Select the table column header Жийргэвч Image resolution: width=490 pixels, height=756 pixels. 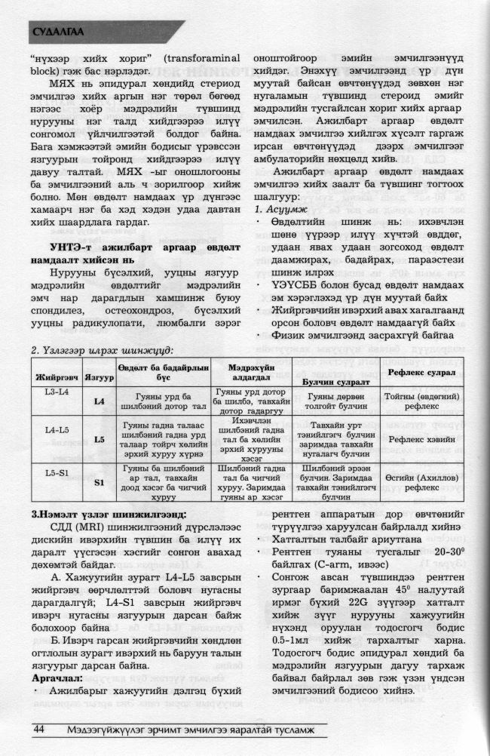[x=49, y=376]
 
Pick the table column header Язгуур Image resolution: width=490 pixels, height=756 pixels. [x=99, y=376]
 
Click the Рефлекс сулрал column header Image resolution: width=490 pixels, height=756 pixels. [x=422, y=373]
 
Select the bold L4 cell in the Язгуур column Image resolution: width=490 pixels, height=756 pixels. [x=99, y=401]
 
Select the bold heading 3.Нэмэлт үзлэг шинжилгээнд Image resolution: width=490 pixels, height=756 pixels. [x=103, y=514]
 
